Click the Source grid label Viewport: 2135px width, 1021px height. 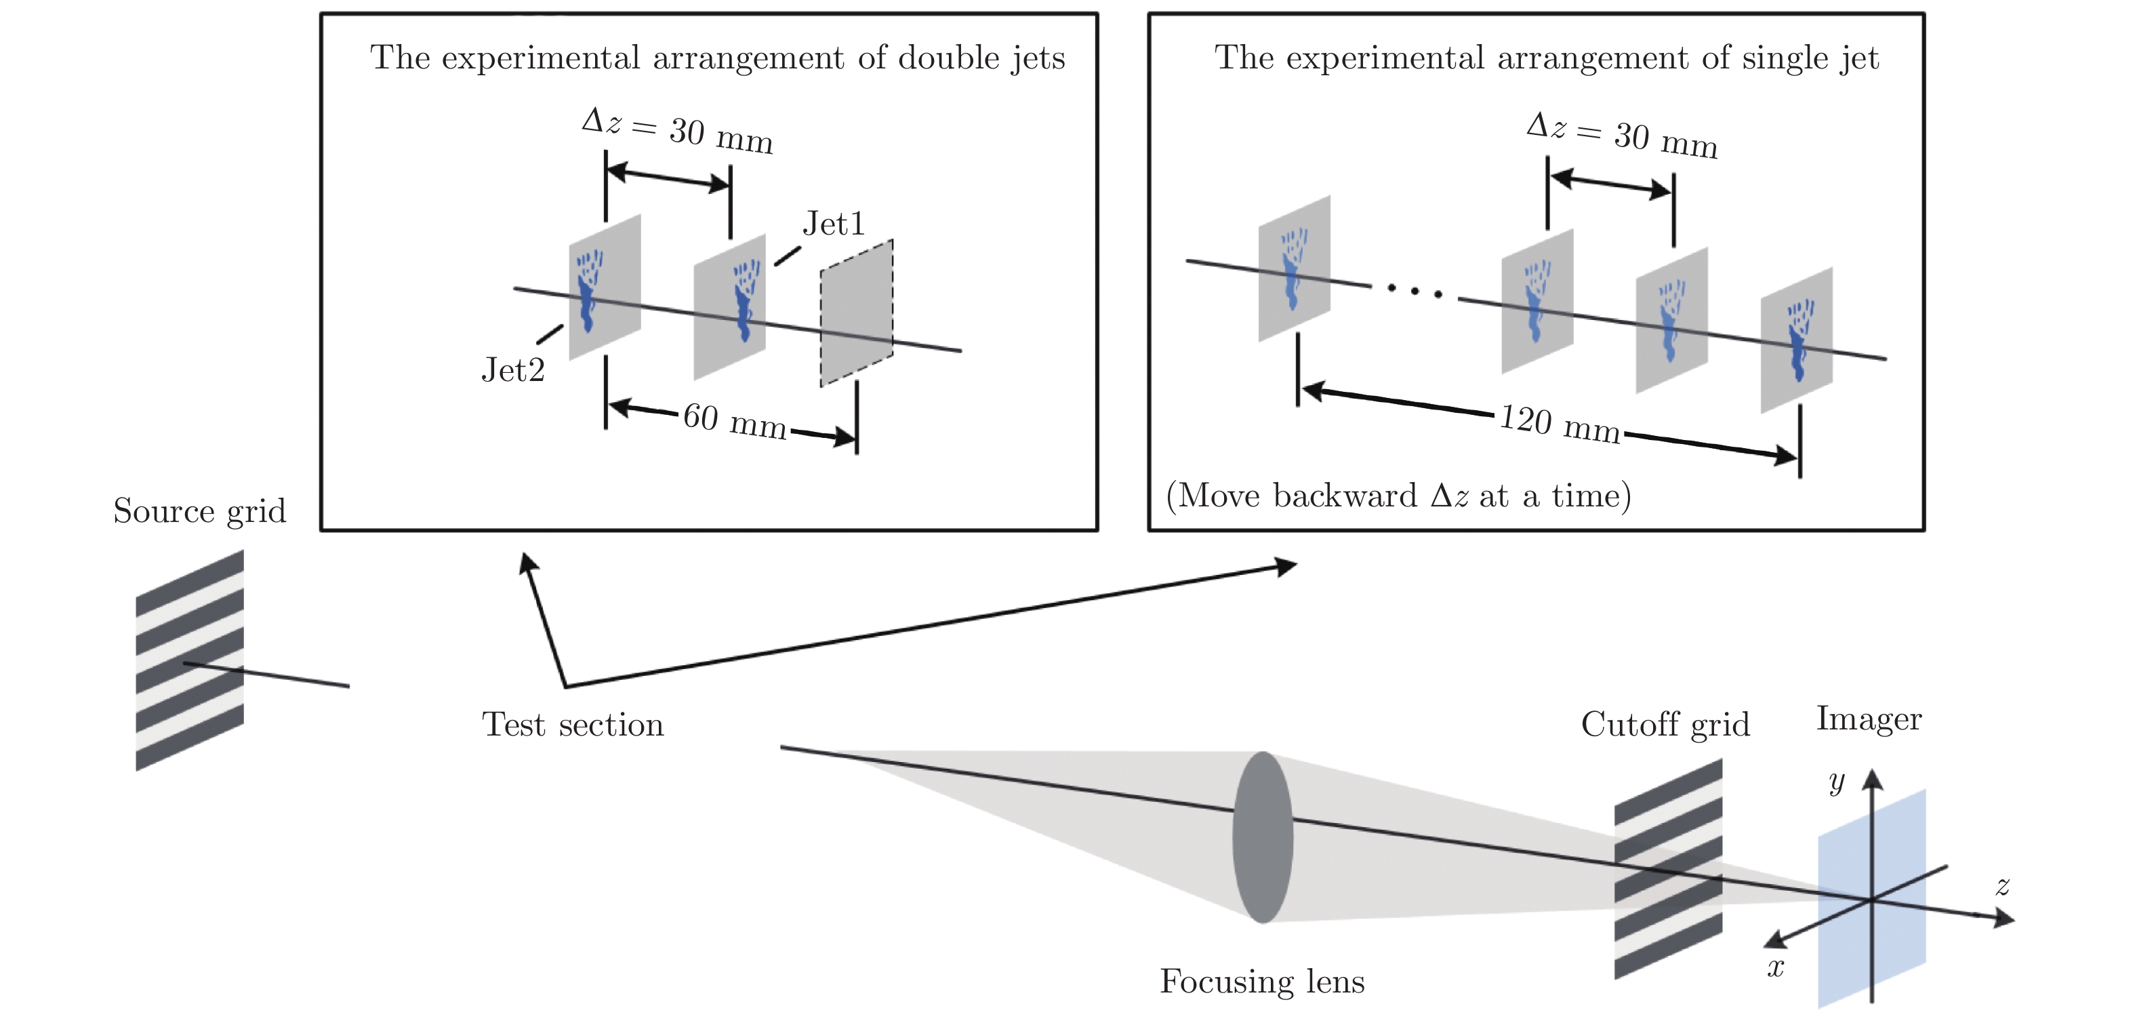click(x=200, y=511)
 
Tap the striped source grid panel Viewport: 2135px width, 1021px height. click(x=190, y=660)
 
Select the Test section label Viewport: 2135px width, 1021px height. click(x=573, y=725)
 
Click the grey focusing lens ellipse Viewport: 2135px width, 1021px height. click(x=1262, y=837)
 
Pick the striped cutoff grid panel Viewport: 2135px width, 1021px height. click(x=1667, y=868)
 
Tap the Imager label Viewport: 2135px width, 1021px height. click(x=1869, y=719)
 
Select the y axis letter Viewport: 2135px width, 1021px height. click(x=1837, y=782)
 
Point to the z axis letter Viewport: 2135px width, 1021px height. click(x=2002, y=886)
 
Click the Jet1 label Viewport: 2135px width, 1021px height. click(x=833, y=224)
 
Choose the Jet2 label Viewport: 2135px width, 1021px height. click(x=513, y=370)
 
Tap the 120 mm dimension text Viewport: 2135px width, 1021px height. click(x=1560, y=424)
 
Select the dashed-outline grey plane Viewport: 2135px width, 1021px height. click(x=856, y=313)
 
